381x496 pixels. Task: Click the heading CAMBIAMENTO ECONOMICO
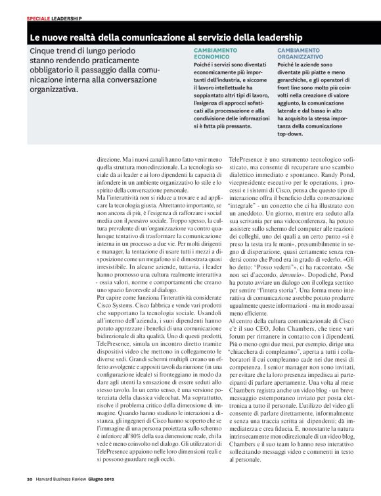pos(215,54)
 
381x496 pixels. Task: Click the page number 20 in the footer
pos(30,478)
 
